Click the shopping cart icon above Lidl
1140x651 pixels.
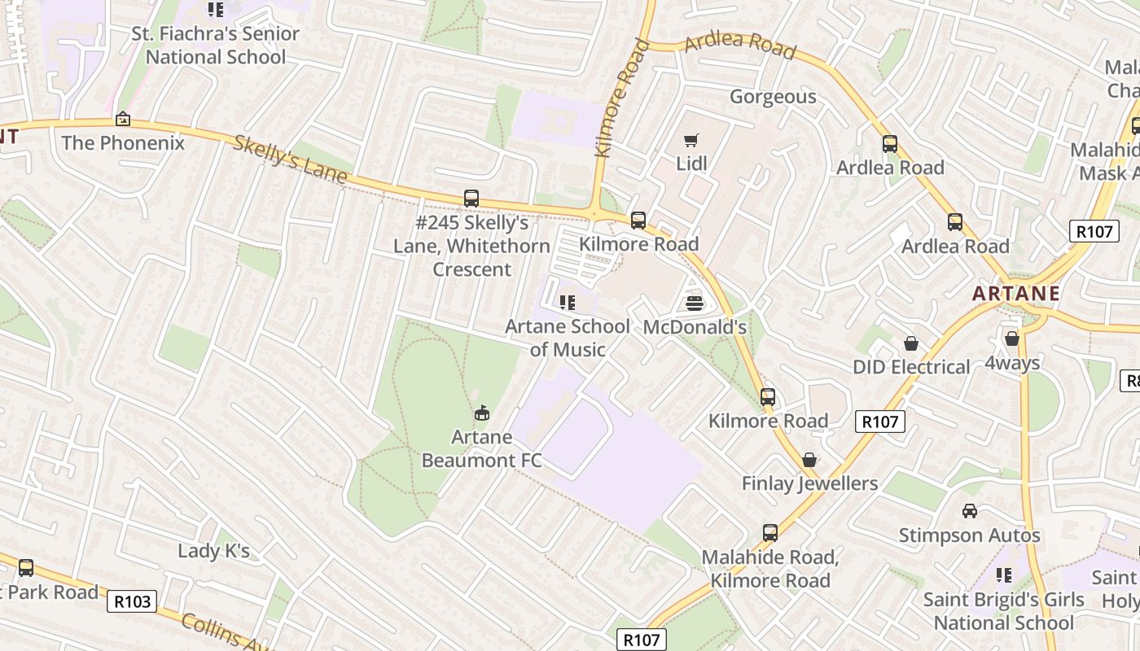pos(691,140)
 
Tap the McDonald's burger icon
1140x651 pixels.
pos(695,304)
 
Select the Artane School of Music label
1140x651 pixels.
pos(568,338)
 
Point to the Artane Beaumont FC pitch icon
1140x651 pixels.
pos(482,413)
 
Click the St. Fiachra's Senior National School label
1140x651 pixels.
pos(216,46)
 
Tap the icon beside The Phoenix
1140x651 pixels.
pos(123,120)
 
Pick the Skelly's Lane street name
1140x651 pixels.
pos(290,159)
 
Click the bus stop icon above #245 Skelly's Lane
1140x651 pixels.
pos(471,198)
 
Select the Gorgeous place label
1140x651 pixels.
pos(773,97)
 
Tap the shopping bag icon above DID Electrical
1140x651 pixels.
pos(911,344)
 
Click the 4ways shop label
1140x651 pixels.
pos(1012,363)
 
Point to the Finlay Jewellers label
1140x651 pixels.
pos(809,483)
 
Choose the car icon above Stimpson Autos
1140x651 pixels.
pos(969,511)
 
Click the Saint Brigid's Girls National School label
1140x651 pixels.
pos(1003,611)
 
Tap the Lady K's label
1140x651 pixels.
pos(213,551)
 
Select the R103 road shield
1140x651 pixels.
pos(132,601)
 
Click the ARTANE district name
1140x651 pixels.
pos(1016,294)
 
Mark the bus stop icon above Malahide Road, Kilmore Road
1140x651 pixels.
pos(769,533)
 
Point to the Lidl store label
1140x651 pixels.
pos(691,164)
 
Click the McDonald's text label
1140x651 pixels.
pos(695,327)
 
